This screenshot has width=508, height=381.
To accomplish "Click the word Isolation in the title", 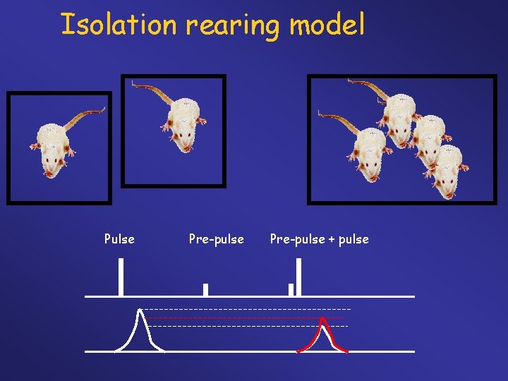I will click(119, 25).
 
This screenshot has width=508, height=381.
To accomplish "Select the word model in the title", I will click(327, 25).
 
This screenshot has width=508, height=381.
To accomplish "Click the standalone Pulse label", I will click(119, 239).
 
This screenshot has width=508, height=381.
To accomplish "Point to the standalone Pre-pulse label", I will click(217, 239).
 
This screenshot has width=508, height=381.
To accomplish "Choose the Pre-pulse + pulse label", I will click(319, 239).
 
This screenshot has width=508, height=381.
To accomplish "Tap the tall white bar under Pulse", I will click(121, 277).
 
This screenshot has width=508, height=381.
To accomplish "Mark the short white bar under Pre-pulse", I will click(205, 289).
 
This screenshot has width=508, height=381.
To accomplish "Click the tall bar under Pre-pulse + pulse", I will click(299, 277).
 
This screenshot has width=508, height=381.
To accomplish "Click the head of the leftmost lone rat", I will click(52, 164).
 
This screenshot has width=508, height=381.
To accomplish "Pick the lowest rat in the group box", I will click(446, 173).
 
